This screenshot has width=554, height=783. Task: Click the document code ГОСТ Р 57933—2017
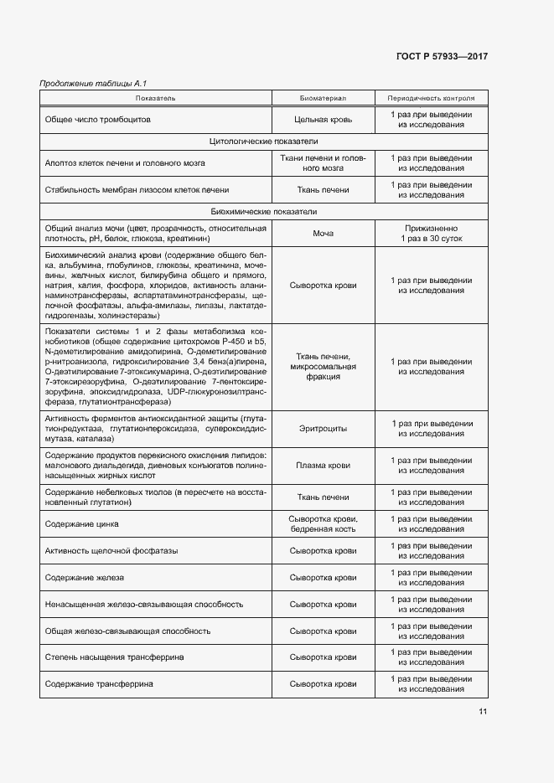(x=442, y=56)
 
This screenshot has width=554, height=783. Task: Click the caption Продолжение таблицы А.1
(x=82, y=83)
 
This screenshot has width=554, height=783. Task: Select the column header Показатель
(x=156, y=98)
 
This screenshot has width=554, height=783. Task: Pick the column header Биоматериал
(x=323, y=98)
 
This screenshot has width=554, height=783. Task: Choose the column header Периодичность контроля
(x=431, y=98)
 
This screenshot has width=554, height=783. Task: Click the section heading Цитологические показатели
(x=263, y=141)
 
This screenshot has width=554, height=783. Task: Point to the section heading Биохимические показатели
(x=263, y=212)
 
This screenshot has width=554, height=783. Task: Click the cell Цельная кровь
(x=323, y=120)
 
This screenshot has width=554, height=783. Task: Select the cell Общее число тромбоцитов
(x=98, y=120)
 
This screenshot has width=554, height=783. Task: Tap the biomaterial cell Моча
(x=323, y=234)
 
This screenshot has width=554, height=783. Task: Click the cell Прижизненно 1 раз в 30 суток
(x=431, y=234)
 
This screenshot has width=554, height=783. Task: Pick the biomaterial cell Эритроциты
(x=323, y=429)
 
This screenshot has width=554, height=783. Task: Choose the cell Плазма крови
(x=323, y=465)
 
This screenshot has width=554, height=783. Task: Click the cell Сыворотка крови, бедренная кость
(x=323, y=524)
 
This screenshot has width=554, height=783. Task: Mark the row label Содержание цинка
(x=82, y=524)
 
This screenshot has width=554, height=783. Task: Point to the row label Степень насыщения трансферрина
(x=114, y=657)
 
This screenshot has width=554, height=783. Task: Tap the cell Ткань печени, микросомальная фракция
(x=323, y=367)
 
